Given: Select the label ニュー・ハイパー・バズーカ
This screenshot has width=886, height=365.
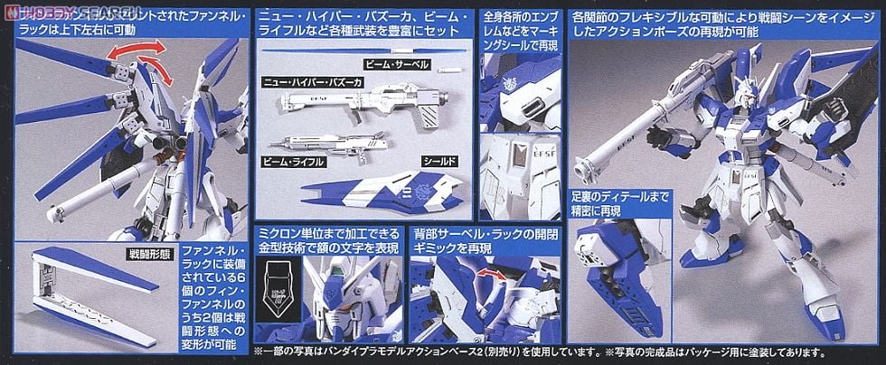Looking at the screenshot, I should [312, 82].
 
